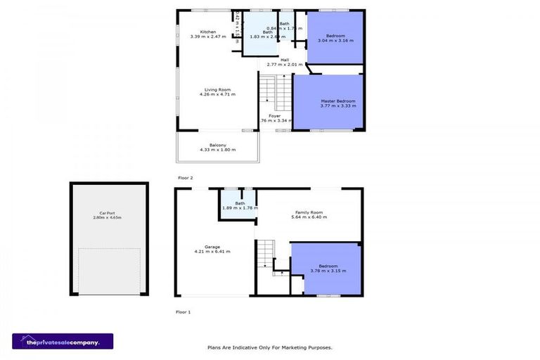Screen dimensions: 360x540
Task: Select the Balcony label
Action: (217, 147)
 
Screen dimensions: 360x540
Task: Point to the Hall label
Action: (284, 62)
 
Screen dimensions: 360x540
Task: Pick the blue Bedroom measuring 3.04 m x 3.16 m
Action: (335, 38)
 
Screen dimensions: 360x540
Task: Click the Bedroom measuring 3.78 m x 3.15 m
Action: (328, 268)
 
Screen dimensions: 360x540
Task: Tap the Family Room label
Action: (309, 214)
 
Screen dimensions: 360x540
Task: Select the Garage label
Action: (212, 249)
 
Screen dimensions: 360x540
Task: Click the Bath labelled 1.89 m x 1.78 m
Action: (240, 205)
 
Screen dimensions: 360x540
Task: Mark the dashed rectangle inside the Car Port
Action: (108, 270)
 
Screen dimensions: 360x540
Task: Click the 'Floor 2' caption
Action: (185, 178)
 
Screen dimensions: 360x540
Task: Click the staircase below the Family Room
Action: (265, 253)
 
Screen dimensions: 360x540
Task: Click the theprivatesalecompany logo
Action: (63, 341)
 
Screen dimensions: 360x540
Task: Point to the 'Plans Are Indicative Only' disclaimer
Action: (269, 347)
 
